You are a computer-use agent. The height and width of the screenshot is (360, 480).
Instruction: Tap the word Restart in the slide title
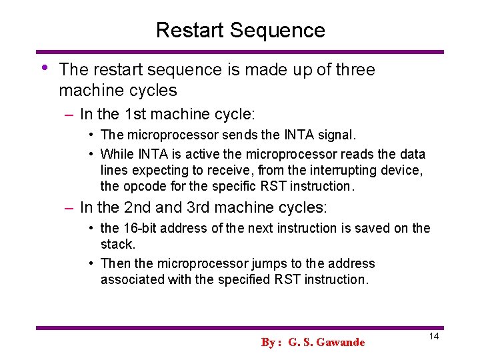(190, 30)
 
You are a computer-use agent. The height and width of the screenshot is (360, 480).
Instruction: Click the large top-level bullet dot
(43, 68)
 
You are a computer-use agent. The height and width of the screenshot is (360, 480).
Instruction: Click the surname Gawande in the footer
(341, 342)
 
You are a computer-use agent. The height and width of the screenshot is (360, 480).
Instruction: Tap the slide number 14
(434, 337)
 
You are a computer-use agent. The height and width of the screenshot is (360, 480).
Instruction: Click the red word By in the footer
(268, 342)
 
